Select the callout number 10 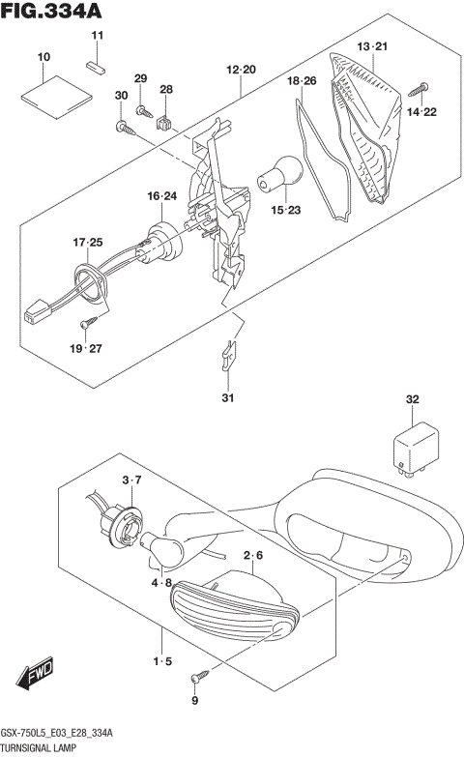tap(43, 58)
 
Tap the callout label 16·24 tap(162, 196)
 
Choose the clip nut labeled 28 tap(165, 122)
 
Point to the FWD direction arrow tap(34, 674)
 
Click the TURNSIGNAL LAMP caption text tap(46, 748)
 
